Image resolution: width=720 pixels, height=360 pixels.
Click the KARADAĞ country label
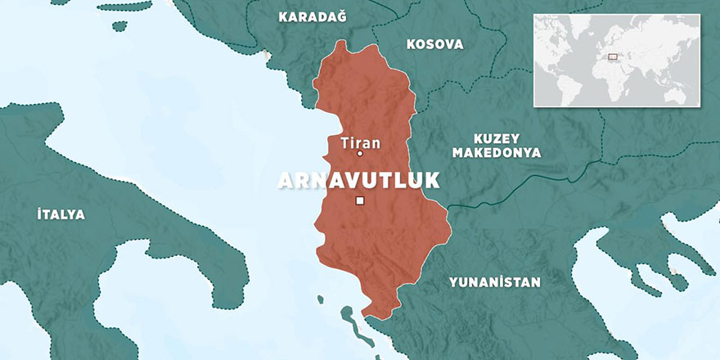click(313, 17)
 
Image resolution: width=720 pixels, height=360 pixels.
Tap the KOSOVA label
click(434, 44)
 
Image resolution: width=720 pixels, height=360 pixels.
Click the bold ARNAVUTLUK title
click(359, 181)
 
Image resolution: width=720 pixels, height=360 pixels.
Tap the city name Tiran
click(360, 142)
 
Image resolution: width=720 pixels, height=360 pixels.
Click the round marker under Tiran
click(360, 154)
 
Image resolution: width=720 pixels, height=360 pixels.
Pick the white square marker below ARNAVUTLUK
click(360, 200)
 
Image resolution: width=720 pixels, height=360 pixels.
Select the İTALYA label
click(61, 214)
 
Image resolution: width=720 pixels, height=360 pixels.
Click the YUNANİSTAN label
click(494, 282)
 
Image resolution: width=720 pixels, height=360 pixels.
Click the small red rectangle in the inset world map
click(612, 56)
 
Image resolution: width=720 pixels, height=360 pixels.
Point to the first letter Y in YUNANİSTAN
click(452, 282)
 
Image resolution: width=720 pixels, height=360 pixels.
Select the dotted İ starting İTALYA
click(40, 214)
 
